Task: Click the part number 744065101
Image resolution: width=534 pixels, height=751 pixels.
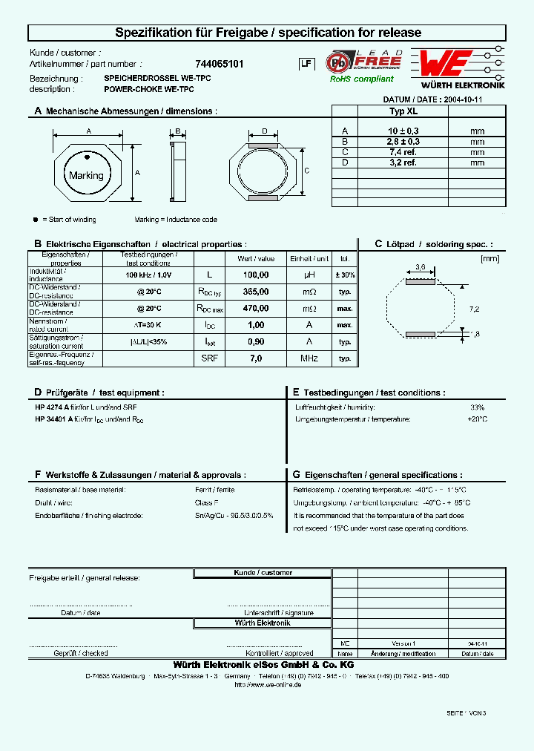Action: pyautogui.click(x=219, y=65)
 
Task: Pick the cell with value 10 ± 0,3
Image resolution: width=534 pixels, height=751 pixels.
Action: pyautogui.click(x=403, y=131)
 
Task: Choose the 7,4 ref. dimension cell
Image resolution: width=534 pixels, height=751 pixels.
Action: pyautogui.click(x=403, y=151)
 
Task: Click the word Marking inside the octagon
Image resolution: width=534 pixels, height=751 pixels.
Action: pyautogui.click(x=86, y=176)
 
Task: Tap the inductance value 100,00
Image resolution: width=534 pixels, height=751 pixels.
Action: pyautogui.click(x=255, y=275)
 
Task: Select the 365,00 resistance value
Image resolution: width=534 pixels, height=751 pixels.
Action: pyautogui.click(x=255, y=292)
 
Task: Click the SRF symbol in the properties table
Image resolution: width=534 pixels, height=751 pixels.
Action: pyautogui.click(x=209, y=358)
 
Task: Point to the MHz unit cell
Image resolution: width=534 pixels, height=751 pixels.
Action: pyautogui.click(x=309, y=358)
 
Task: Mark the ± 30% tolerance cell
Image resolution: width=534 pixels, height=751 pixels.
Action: pyautogui.click(x=344, y=275)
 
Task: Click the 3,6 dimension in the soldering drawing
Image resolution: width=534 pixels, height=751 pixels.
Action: pyautogui.click(x=420, y=266)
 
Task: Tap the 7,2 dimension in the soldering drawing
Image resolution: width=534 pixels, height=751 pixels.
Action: pyautogui.click(x=475, y=308)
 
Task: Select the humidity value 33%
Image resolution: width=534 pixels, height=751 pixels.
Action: pyautogui.click(x=477, y=407)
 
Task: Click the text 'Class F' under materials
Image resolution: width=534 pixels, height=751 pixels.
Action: pyautogui.click(x=205, y=502)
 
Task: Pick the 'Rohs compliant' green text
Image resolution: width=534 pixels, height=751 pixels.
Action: pyautogui.click(x=362, y=79)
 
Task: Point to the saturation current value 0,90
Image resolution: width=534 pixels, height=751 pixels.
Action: pyautogui.click(x=255, y=341)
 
